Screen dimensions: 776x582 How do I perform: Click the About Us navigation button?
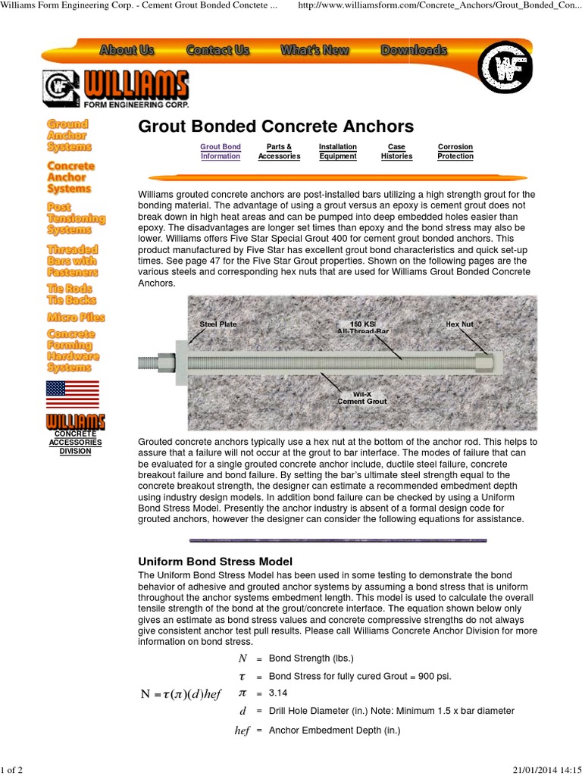(x=127, y=51)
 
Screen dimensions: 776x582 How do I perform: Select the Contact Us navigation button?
(x=217, y=51)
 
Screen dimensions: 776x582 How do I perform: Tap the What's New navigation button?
(x=314, y=51)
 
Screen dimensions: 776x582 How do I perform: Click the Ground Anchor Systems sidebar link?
(x=69, y=135)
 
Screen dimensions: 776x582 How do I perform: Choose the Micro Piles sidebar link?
(x=76, y=317)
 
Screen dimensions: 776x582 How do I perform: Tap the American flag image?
(x=72, y=394)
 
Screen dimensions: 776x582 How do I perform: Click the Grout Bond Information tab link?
(x=221, y=152)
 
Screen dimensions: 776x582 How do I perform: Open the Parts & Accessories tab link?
(x=279, y=152)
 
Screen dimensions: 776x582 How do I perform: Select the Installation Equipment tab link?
(x=338, y=152)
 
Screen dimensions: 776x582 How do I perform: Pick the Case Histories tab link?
(x=396, y=152)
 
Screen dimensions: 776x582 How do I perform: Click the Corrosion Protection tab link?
(x=455, y=152)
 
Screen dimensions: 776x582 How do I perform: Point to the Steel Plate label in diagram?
(x=217, y=324)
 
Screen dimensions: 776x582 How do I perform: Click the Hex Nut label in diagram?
(x=459, y=324)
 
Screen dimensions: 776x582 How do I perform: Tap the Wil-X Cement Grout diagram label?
(x=362, y=397)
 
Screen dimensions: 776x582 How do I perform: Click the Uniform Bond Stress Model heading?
(x=214, y=562)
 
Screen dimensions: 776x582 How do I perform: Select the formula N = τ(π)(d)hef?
(x=181, y=694)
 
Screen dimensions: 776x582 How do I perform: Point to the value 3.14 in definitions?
(x=279, y=693)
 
